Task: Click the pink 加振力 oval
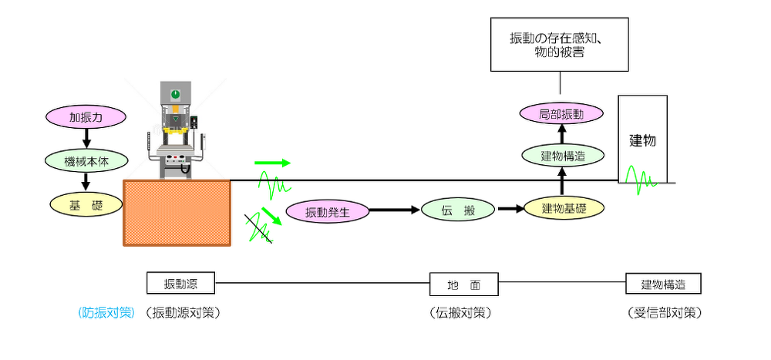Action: click(86, 118)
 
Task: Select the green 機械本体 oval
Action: click(86, 162)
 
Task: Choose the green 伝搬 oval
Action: click(458, 210)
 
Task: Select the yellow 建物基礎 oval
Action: click(563, 208)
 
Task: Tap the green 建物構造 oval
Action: click(563, 156)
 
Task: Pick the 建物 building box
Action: click(642, 139)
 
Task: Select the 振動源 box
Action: click(181, 284)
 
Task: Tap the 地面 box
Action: click(463, 284)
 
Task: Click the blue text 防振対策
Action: click(106, 313)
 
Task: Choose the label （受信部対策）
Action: click(664, 313)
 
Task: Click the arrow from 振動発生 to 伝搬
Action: click(395, 210)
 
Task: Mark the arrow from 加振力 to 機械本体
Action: click(86, 140)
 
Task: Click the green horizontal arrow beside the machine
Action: click(273, 163)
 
